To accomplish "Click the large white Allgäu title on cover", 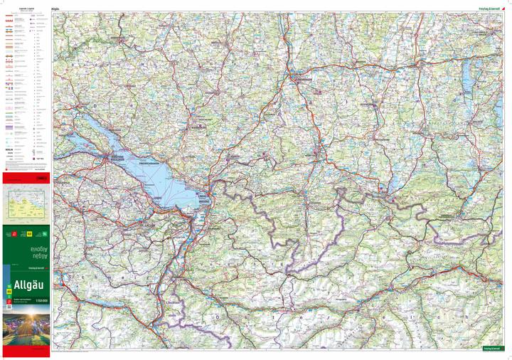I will click(25, 287).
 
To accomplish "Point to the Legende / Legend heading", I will click(26, 9).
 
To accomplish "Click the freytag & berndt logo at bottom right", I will click(492, 349).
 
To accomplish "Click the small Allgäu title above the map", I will click(56, 9).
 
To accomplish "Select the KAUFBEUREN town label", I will click(372, 105).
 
